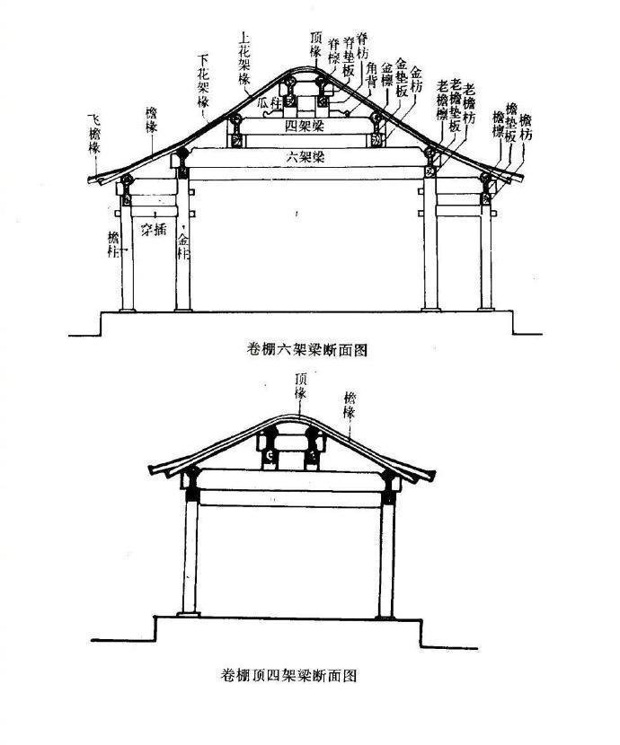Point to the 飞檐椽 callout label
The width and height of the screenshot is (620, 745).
click(x=93, y=133)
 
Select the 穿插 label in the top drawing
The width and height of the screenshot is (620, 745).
click(x=154, y=230)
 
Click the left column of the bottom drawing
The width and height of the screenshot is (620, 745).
click(x=190, y=557)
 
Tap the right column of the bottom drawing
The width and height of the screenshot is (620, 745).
click(x=386, y=557)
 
